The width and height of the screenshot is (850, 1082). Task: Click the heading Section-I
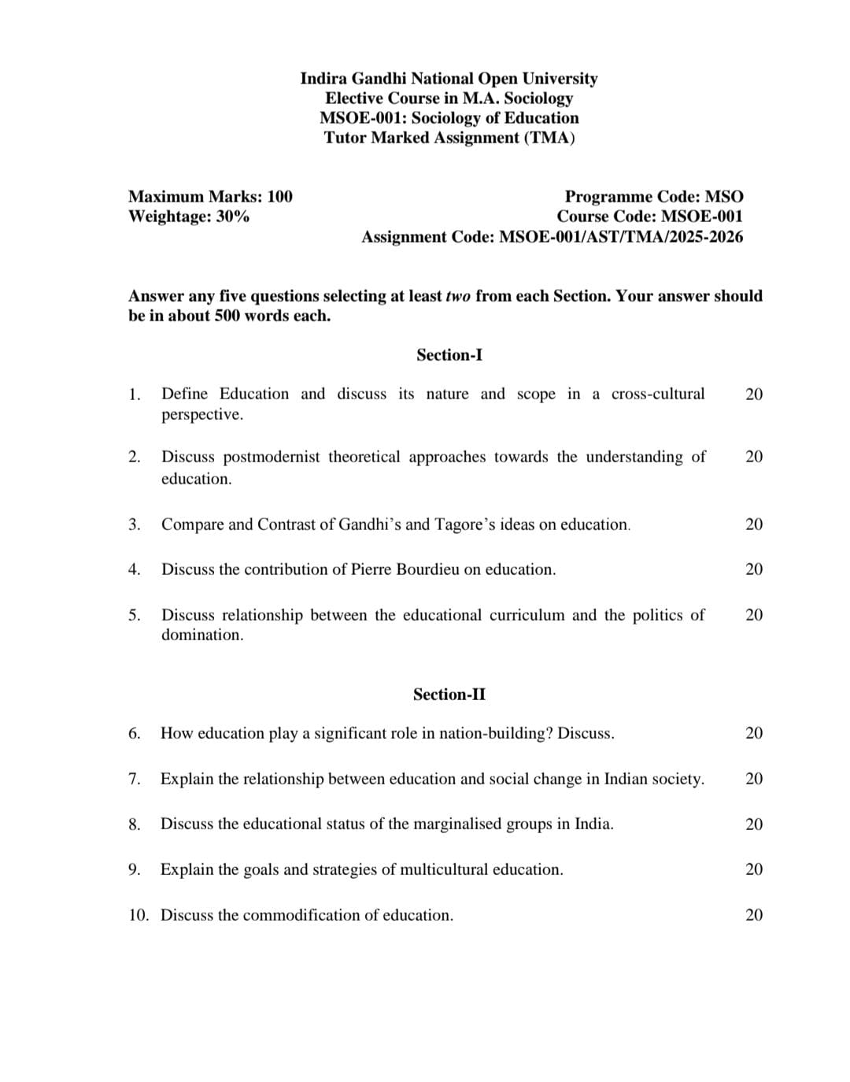click(x=449, y=355)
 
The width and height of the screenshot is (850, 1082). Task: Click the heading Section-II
click(x=449, y=695)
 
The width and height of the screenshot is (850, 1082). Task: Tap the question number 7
click(x=135, y=779)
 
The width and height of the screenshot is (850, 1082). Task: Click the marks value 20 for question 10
click(x=753, y=915)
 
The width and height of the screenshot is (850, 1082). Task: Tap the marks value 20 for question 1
click(x=753, y=394)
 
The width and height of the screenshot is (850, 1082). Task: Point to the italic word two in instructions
click(x=458, y=296)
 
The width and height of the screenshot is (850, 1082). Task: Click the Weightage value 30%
click(x=232, y=217)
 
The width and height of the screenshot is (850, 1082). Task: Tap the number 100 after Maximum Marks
click(x=279, y=197)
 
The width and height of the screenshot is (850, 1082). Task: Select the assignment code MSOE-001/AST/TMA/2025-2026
click(x=621, y=237)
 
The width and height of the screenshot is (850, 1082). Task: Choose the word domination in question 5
click(x=201, y=635)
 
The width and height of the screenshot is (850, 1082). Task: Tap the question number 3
click(x=135, y=524)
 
